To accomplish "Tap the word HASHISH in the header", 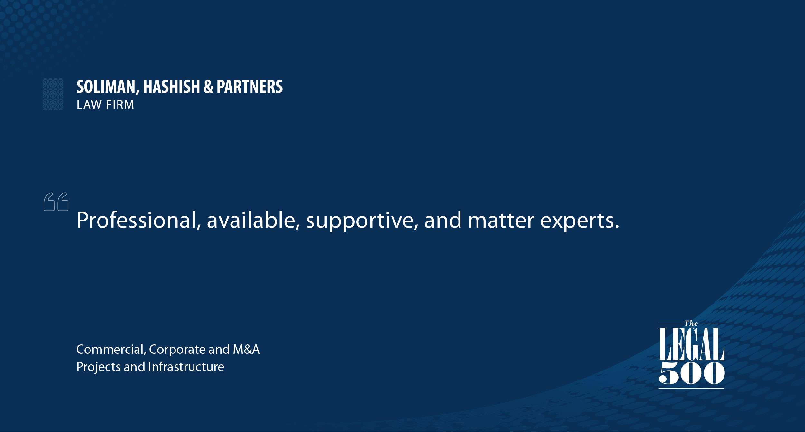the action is (x=172, y=87).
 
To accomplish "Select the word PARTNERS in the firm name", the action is (x=250, y=87).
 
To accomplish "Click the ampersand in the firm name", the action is (x=208, y=87).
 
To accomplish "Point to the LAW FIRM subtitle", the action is (x=105, y=105).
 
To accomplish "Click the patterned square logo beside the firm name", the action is (x=53, y=94).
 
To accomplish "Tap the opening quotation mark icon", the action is (x=56, y=202).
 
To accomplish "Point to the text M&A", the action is (x=246, y=350).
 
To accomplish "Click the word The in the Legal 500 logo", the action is (x=691, y=324).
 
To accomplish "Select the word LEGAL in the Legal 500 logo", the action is (x=691, y=345).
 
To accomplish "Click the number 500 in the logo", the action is (x=692, y=373).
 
